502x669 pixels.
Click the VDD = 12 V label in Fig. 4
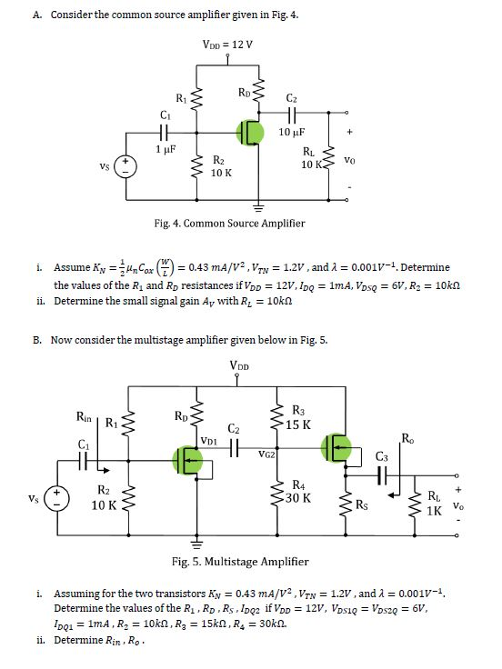click(x=228, y=45)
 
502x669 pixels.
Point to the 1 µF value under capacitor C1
click(x=165, y=148)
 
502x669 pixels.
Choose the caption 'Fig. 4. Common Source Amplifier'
click(x=229, y=223)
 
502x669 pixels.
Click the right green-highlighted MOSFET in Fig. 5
click(x=337, y=444)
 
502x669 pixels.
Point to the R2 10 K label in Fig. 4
click(x=221, y=165)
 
